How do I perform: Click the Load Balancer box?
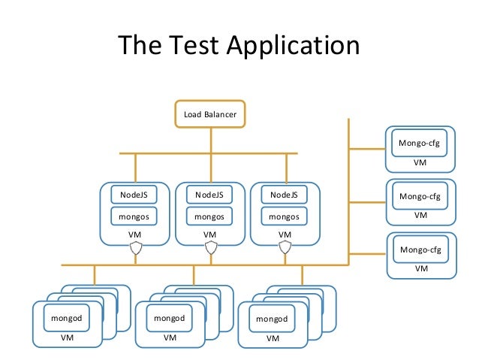210,114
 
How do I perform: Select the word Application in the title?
294,46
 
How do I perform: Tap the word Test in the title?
194,44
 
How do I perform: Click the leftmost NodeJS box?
134,195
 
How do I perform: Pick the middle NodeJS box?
209,195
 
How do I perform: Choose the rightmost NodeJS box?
284,195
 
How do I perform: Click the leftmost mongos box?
134,216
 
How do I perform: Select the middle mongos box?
209,216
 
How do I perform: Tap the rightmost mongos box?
284,216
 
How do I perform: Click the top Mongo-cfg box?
419,143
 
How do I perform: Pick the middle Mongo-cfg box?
420,196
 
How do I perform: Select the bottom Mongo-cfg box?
420,250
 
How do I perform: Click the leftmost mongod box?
67,318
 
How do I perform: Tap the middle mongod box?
170,318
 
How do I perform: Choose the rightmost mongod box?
273,319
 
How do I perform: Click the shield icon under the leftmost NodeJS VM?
136,248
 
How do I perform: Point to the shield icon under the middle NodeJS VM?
211,248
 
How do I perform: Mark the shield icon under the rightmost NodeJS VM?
285,248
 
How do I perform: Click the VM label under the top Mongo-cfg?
420,162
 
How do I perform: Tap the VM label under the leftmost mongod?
67,337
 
